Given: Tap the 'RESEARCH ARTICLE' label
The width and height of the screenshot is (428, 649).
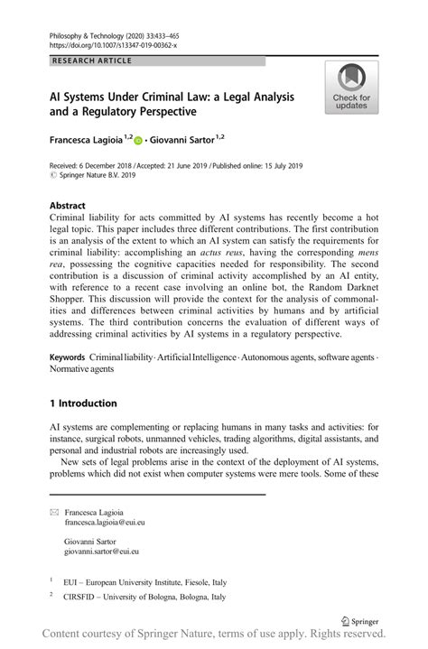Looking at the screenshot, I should [90, 60].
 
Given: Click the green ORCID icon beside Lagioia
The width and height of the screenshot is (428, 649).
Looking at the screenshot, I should [139, 139].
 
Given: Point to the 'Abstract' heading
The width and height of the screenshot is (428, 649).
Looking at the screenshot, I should [69, 205].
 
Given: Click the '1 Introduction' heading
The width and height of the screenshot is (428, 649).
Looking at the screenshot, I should [83, 403].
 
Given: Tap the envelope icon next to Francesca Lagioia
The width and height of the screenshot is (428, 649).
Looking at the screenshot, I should [54, 511].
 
